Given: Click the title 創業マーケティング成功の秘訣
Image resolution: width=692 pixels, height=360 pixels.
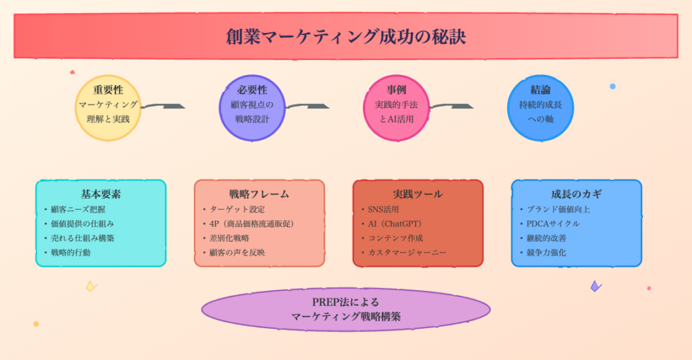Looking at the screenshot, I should [345, 36].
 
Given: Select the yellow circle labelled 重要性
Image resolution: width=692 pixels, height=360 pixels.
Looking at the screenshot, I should [108, 108].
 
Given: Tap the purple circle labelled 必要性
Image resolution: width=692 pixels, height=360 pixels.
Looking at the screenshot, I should [253, 108].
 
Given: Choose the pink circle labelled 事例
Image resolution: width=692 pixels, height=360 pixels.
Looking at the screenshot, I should [397, 108].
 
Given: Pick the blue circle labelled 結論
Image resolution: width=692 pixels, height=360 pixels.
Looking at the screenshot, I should [540, 108].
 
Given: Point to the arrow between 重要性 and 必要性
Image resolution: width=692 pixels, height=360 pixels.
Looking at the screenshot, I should [164, 106].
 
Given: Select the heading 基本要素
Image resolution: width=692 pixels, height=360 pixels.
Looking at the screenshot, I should [101, 194].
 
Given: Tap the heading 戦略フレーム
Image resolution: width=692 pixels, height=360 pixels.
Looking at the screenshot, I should [259, 194].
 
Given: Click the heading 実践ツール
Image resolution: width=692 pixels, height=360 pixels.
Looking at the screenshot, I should [418, 194].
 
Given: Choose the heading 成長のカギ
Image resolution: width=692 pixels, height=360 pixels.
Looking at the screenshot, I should [576, 194].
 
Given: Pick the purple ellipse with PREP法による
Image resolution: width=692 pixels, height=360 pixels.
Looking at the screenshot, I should [345, 310].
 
